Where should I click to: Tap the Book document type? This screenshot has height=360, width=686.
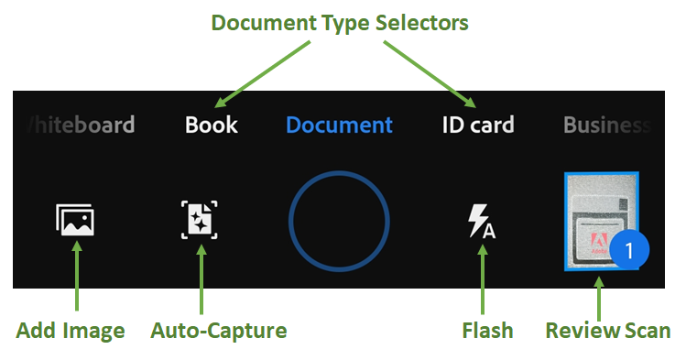[212, 125]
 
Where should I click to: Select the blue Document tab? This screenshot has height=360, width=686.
[339, 125]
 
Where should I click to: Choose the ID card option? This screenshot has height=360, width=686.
[478, 125]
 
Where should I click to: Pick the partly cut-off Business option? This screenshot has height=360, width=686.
[606, 125]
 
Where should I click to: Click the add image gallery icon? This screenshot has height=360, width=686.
[75, 221]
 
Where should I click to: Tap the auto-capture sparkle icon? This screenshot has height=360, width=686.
[200, 221]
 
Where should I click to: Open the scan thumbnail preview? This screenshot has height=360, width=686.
[597, 220]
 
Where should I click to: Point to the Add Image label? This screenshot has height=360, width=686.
[71, 331]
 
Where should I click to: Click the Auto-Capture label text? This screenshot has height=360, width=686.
[219, 331]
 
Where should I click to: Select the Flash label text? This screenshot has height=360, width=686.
[487, 331]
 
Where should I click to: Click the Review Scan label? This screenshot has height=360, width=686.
[608, 331]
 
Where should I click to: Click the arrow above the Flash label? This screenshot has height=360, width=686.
[483, 280]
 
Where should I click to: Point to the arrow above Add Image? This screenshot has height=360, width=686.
[75, 280]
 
